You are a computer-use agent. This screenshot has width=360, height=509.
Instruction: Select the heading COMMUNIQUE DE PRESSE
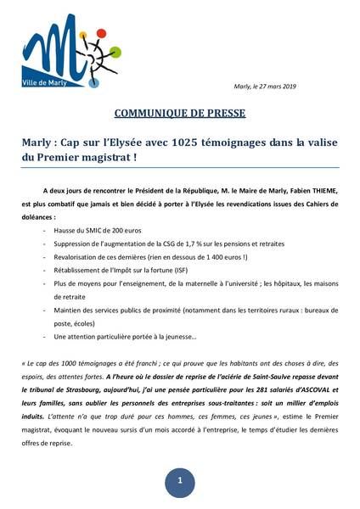click(180, 114)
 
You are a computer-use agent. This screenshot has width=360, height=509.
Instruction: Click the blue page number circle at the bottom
click(179, 480)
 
